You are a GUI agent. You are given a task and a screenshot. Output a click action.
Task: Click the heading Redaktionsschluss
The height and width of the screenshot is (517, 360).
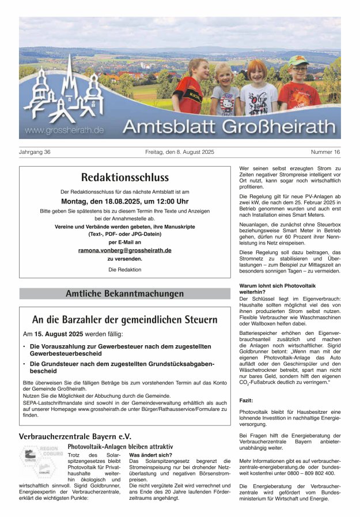coord(124,178)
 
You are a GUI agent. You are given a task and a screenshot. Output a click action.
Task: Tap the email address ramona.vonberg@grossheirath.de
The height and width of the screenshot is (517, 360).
coord(124,251)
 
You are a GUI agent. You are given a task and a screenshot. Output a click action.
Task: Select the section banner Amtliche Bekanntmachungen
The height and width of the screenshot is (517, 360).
coord(124,294)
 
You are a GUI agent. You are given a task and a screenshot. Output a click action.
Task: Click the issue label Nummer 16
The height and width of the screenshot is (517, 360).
coord(325,152)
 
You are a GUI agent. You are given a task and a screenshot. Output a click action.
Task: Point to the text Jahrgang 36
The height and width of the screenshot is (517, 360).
coord(35,152)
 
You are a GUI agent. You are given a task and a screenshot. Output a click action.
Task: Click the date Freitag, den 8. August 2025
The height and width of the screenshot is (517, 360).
coord(180,152)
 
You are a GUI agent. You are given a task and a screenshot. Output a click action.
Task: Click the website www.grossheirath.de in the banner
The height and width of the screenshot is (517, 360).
coord(65,130)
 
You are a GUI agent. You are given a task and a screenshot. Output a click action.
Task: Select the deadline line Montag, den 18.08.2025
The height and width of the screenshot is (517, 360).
coord(124,202)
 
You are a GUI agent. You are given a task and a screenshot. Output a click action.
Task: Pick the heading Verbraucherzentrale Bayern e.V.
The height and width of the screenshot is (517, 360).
coord(75,436)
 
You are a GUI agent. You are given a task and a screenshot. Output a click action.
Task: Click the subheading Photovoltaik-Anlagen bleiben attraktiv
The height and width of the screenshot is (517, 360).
coord(120,447)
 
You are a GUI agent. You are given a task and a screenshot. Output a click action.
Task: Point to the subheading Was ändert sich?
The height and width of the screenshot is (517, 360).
coord(150,455)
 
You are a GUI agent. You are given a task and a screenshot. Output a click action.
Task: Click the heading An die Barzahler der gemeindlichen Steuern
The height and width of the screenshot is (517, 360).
coord(124,319)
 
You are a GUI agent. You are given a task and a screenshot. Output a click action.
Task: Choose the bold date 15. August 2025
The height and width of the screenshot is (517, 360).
coord(58,334)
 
